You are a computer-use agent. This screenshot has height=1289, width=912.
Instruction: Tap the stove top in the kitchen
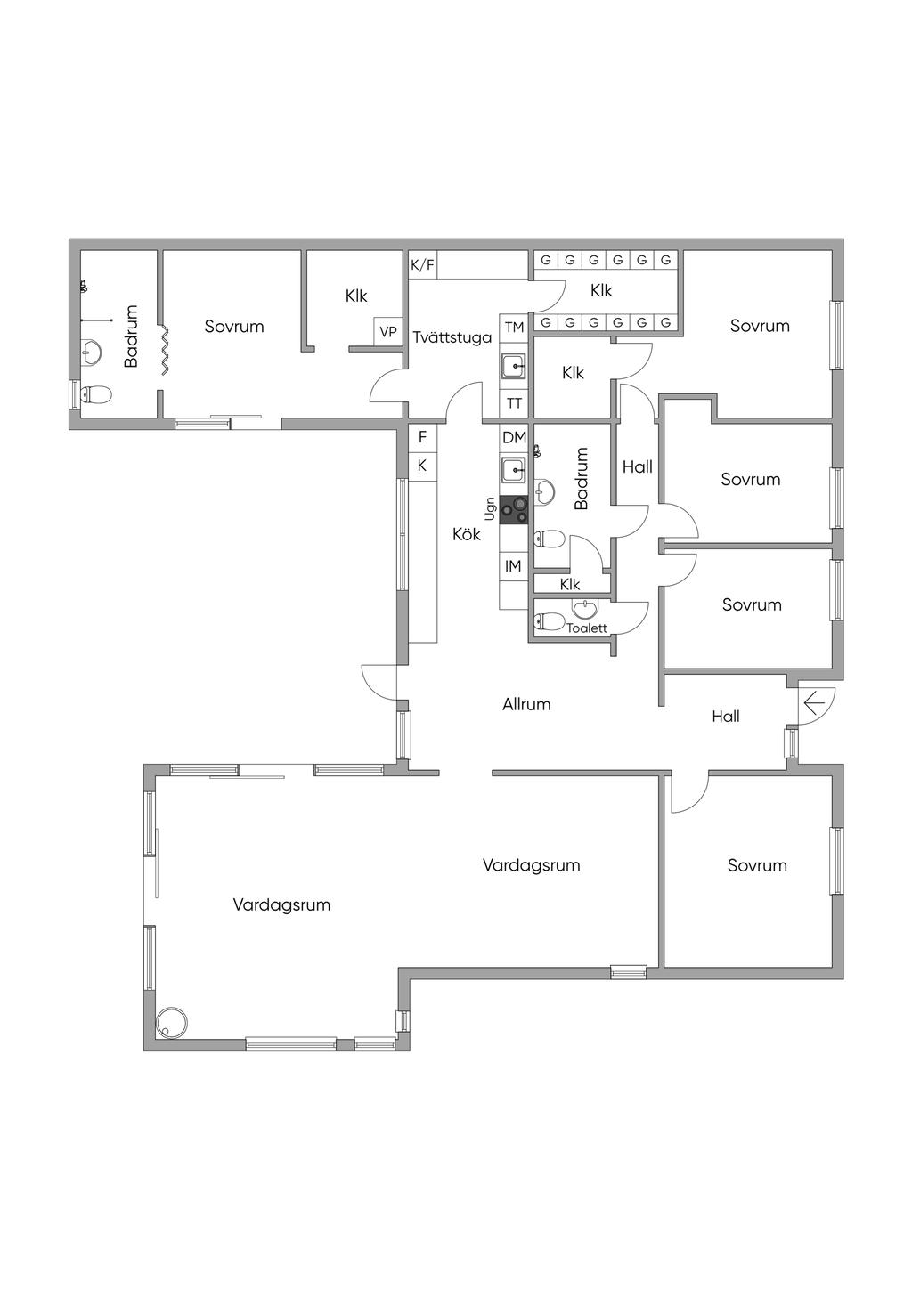[514, 510]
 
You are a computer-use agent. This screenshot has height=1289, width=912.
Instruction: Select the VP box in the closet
[388, 332]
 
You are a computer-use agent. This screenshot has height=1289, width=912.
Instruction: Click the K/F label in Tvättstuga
[422, 264]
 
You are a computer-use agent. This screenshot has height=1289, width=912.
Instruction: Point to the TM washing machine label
[514, 328]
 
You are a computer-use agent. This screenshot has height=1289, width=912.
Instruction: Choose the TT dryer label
[514, 403]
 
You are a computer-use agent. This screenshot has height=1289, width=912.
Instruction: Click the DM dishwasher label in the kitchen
[514, 437]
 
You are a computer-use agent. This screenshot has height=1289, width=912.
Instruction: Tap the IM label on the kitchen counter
[513, 566]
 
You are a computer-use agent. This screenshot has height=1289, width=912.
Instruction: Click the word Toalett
[587, 628]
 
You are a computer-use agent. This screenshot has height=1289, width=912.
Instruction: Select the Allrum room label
[526, 704]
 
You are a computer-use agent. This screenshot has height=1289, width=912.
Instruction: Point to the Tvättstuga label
[452, 337]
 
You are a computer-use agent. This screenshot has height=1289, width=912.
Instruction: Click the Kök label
[467, 534]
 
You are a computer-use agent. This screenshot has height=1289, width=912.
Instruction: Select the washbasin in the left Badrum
[92, 351]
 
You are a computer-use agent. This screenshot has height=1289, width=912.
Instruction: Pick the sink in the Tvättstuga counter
[514, 365]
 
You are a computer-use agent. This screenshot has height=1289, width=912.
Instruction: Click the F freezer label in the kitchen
[422, 437]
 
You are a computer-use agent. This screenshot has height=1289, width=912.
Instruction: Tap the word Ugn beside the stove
[490, 508]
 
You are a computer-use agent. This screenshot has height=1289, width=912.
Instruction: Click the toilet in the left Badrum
[95, 394]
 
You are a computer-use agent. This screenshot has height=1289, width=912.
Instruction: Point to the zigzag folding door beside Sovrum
[164, 351]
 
